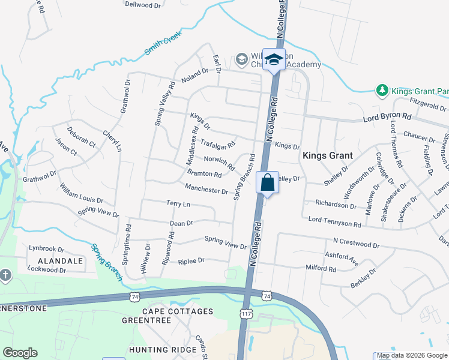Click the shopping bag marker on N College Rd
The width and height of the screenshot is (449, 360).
pyautogui.click(x=267, y=182)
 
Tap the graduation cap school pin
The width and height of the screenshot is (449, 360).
pyautogui.click(x=275, y=59)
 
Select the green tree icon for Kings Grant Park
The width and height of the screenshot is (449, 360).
pyautogui.click(x=381, y=91)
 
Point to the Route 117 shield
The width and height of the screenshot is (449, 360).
pyautogui.click(x=246, y=313)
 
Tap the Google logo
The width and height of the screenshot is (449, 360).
pyautogui.click(x=20, y=353)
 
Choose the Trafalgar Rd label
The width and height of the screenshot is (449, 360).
pyautogui.click(x=217, y=144)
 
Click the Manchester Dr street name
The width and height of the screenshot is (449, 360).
pyautogui.click(x=206, y=190)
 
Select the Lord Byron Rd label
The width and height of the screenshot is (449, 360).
pyautogui.click(x=387, y=118)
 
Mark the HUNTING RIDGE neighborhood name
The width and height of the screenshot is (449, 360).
pyautogui.click(x=163, y=349)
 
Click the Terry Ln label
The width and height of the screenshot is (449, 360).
pyautogui.click(x=178, y=204)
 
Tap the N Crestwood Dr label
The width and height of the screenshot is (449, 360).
pyautogui.click(x=357, y=245)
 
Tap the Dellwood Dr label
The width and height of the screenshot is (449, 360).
pyautogui.click(x=143, y=4)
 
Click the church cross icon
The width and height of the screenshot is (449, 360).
pyautogui.click(x=5, y=275)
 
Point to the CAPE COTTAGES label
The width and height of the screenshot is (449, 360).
pyautogui.click(x=178, y=311)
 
